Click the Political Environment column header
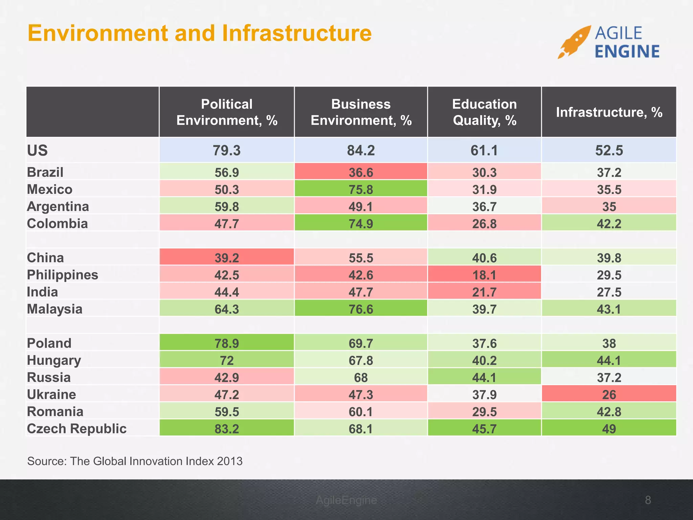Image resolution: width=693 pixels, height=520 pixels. pyautogui.click(x=227, y=112)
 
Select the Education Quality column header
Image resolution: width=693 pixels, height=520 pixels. pyautogui.click(x=484, y=112)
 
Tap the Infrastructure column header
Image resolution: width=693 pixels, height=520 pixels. pyautogui.click(x=609, y=112)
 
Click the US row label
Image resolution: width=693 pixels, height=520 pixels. pyautogui.click(x=38, y=150)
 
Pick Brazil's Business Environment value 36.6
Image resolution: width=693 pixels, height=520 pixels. pyautogui.click(x=361, y=172)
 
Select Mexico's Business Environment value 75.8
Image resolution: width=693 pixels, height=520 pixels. pyautogui.click(x=361, y=189)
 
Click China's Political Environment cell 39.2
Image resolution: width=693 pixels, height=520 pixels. pyautogui.click(x=227, y=258)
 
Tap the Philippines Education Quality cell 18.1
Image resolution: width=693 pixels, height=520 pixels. pyautogui.click(x=484, y=275)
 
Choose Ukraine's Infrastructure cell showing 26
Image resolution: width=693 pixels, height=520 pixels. pyautogui.click(x=609, y=394)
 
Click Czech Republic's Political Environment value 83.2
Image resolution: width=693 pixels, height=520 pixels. pyautogui.click(x=227, y=429)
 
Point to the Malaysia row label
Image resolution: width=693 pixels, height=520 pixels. pyautogui.click(x=55, y=309)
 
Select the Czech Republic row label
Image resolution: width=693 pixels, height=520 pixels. pyautogui.click(x=77, y=429)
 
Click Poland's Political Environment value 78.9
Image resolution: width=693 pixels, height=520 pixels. pyautogui.click(x=227, y=343)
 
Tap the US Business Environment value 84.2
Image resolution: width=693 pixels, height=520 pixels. pyautogui.click(x=361, y=150)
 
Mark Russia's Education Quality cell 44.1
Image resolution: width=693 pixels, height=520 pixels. pyautogui.click(x=484, y=377)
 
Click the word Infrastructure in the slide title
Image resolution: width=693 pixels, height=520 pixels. pyautogui.click(x=297, y=33)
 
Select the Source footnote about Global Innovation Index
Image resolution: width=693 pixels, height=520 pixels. pyautogui.click(x=135, y=461)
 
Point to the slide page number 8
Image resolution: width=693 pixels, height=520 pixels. pyautogui.click(x=648, y=500)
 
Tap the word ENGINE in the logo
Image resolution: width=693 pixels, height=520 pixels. pyautogui.click(x=627, y=52)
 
